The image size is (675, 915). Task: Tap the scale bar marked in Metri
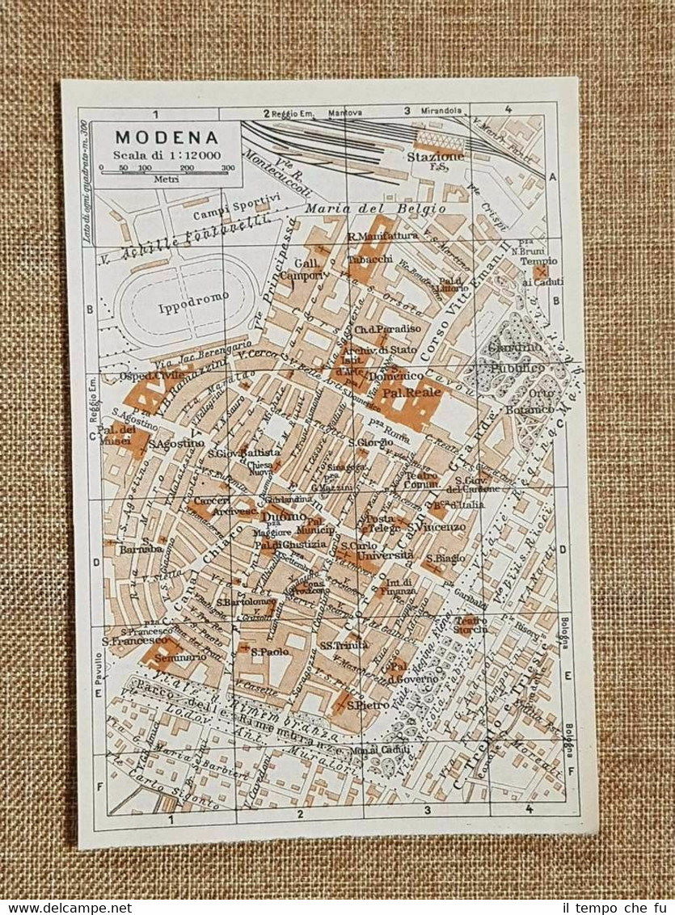click(x=167, y=167)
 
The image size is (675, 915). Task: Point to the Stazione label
click(x=436, y=155)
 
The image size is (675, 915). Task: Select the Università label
click(x=386, y=555)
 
